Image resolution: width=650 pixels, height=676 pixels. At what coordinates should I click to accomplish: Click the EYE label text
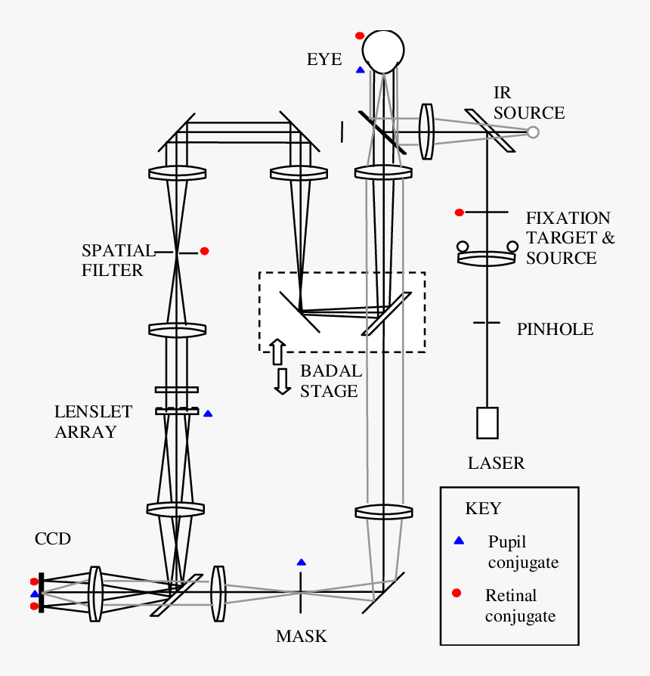324,59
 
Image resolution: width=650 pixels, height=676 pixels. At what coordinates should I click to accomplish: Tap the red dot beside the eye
360,36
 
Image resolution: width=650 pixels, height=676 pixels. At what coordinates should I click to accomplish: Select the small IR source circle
533,132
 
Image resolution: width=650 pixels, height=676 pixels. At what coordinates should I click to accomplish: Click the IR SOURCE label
528,104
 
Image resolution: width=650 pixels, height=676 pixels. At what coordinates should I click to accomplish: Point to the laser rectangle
487,423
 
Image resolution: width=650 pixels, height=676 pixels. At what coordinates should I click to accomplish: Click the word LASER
496,463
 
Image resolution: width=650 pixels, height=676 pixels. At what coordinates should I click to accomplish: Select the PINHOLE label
555,329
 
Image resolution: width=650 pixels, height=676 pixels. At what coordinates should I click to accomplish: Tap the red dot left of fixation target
459,212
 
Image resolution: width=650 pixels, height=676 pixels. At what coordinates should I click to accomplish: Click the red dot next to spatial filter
204,251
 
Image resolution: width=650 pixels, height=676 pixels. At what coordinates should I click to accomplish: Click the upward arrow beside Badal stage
277,352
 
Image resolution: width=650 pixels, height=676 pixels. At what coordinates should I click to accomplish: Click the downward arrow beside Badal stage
283,381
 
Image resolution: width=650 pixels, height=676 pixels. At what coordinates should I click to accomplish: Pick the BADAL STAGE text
330,381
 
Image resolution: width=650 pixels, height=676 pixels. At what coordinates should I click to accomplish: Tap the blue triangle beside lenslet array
208,414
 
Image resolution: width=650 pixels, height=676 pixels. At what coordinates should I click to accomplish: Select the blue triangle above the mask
302,562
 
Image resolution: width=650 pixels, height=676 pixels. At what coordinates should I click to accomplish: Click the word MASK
302,636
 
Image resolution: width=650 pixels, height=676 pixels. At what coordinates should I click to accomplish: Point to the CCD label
53,538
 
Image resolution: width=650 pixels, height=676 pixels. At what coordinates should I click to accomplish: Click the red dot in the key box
457,592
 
